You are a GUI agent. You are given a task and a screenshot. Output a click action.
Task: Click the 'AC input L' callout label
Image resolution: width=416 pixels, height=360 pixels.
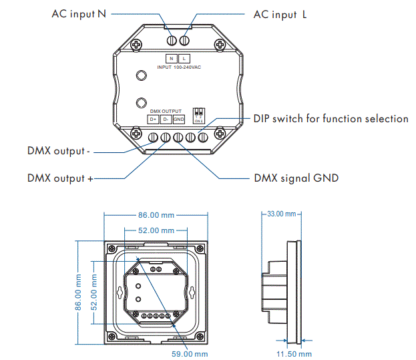[280, 14]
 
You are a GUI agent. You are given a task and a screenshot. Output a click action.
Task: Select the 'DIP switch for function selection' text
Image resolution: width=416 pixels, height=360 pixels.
[331, 118]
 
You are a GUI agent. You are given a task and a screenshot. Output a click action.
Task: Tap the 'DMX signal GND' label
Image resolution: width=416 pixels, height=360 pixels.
[296, 178]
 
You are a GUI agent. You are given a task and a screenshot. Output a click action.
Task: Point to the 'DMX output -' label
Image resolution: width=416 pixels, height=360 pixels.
[59, 151]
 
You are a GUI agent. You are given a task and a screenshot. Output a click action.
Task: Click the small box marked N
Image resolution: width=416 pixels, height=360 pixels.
[171, 59]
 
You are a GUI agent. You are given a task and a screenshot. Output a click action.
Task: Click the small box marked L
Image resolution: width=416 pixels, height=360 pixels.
[184, 59]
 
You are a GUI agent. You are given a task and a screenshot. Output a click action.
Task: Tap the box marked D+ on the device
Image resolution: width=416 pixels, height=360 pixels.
[153, 120]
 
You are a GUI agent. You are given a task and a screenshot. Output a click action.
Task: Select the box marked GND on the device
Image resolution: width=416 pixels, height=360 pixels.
[179, 120]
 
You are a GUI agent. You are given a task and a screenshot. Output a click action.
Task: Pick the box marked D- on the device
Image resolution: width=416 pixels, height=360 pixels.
[166, 120]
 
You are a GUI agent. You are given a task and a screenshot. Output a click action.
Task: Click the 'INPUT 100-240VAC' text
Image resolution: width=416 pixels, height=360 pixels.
[178, 68]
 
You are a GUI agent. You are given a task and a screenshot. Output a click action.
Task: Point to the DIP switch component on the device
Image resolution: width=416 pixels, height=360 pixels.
[198, 114]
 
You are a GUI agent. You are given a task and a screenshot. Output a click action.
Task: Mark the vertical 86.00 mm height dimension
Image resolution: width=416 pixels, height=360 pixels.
[77, 292]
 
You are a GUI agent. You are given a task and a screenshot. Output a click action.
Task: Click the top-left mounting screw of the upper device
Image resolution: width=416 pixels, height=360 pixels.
[137, 44]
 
